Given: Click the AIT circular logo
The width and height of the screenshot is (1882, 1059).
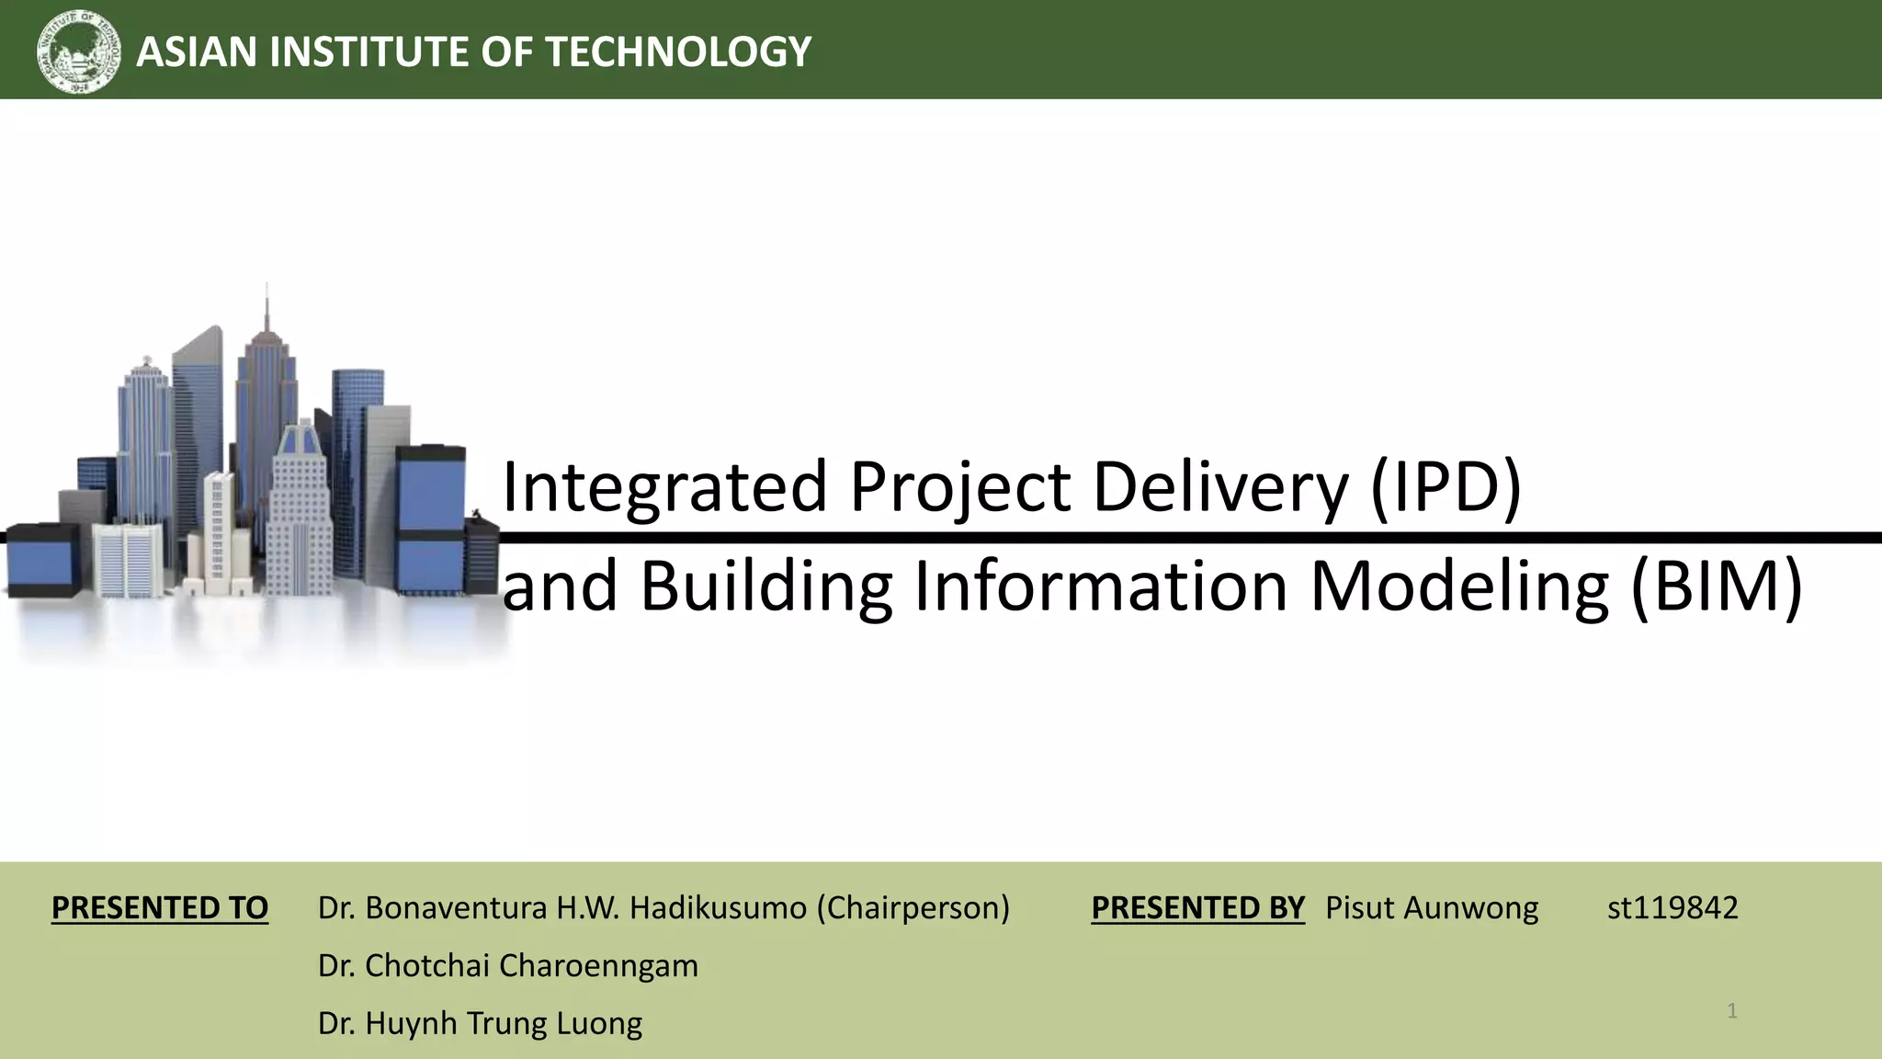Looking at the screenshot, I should (x=79, y=51).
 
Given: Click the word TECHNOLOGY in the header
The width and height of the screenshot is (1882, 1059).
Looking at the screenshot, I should (x=678, y=51).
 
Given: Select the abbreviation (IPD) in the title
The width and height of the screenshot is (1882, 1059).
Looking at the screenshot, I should (x=1446, y=486).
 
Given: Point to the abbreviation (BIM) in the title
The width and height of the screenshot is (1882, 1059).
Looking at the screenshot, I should (x=1716, y=586).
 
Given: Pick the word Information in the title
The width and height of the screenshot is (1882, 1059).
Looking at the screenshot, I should (x=1100, y=586).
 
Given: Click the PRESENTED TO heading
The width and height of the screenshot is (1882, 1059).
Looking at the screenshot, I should (x=160, y=908).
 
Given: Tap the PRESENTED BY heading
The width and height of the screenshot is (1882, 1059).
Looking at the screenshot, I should (x=1197, y=908).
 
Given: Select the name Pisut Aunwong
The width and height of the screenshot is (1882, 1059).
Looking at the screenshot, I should (x=1431, y=908).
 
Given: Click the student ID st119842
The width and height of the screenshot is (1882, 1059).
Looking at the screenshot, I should (x=1672, y=908).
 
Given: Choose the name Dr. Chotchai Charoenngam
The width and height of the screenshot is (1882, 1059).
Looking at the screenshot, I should (x=507, y=966).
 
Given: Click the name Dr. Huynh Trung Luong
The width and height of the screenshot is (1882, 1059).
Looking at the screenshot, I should (x=480, y=1023).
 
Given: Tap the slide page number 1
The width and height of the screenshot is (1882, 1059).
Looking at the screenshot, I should (x=1731, y=1011).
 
